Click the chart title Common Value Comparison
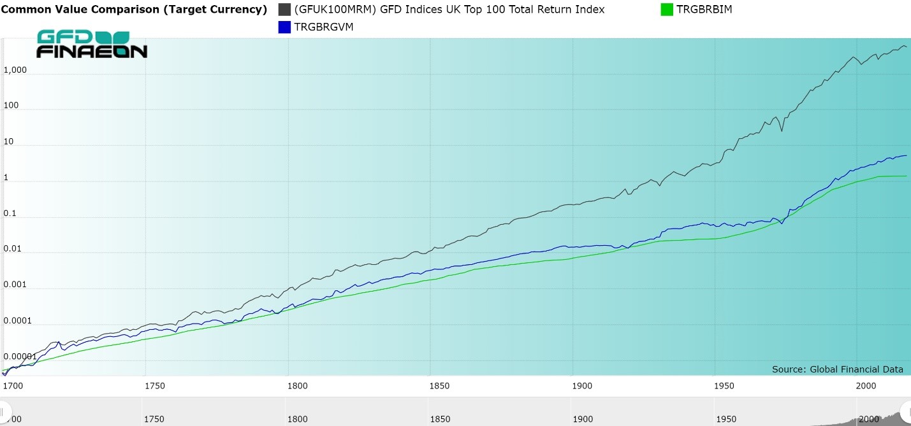click(134, 10)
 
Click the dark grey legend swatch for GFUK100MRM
click(284, 10)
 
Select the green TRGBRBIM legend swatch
click(667, 10)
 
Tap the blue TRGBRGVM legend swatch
click(284, 27)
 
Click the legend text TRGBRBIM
click(704, 10)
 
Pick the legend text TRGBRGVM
click(324, 27)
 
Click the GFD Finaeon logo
click(92, 44)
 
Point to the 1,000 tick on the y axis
click(15, 70)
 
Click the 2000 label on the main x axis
click(864, 386)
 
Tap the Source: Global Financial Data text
click(837, 369)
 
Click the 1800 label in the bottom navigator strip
click(297, 419)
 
